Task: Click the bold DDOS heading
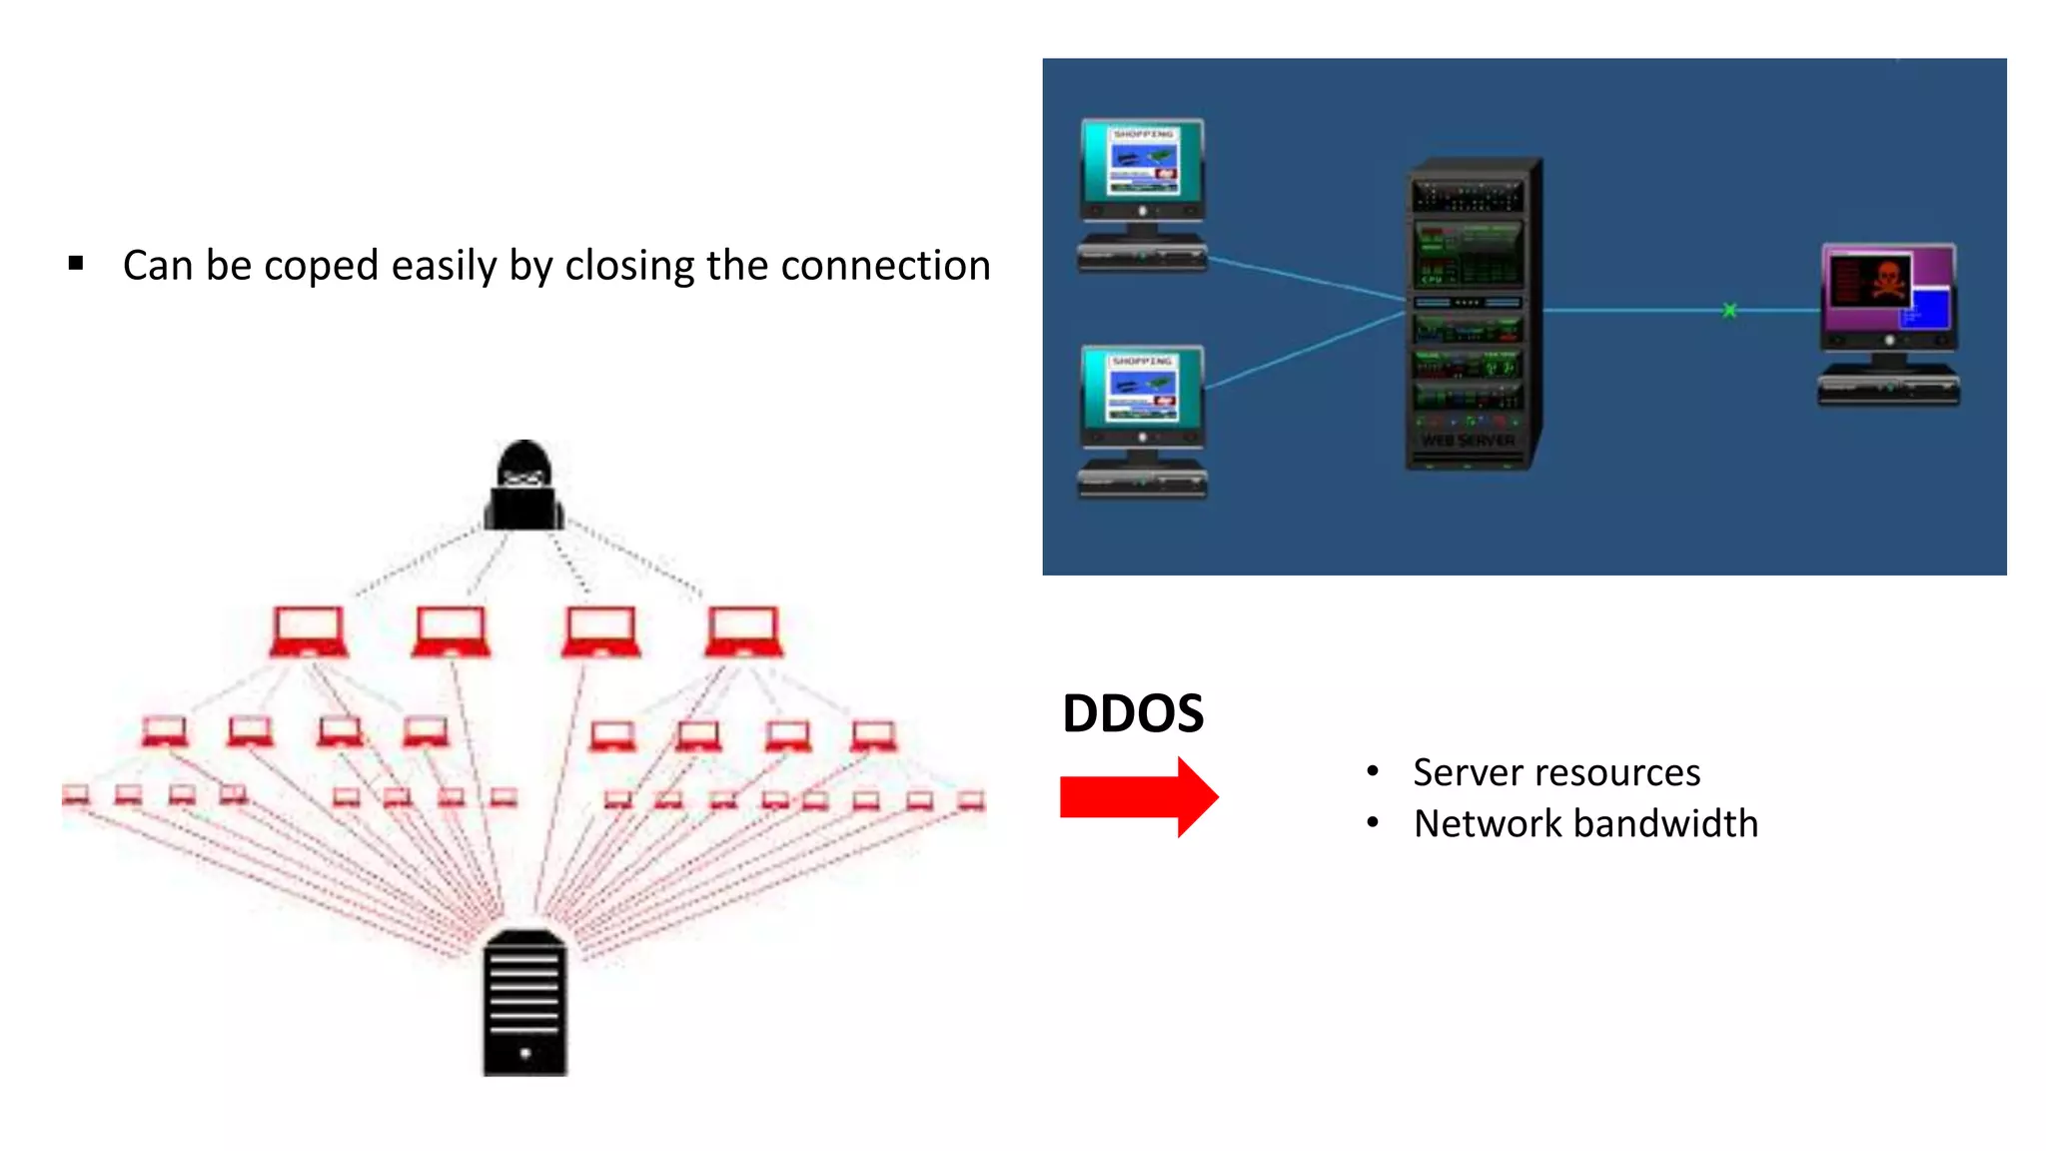[1133, 713]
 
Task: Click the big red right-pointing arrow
[1139, 797]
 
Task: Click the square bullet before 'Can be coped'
[76, 264]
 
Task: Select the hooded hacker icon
[524, 486]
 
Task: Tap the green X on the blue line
[1729, 311]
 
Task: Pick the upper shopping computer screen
[1143, 163]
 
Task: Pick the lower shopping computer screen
[1143, 390]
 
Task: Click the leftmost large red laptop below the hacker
[309, 631]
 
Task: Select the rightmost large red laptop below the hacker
[743, 631]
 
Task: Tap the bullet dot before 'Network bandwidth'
[1373, 822]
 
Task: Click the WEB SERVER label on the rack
[1468, 441]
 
